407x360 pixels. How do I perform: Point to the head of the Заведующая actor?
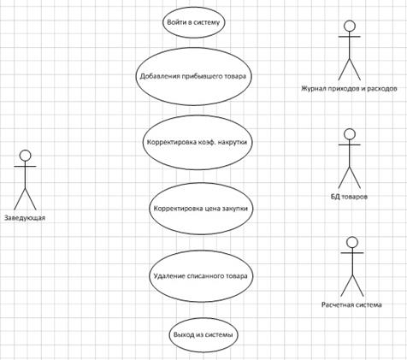click(x=25, y=156)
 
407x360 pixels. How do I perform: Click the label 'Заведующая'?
click(x=25, y=218)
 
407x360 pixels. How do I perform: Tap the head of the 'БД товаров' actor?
click(x=350, y=134)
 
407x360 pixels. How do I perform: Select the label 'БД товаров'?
click(x=349, y=197)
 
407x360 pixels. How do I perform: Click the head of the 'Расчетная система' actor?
click(x=352, y=242)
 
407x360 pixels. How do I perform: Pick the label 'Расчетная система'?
click(x=351, y=304)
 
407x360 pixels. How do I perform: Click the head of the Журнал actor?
click(x=350, y=26)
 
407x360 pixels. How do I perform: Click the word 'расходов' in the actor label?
click(x=382, y=88)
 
